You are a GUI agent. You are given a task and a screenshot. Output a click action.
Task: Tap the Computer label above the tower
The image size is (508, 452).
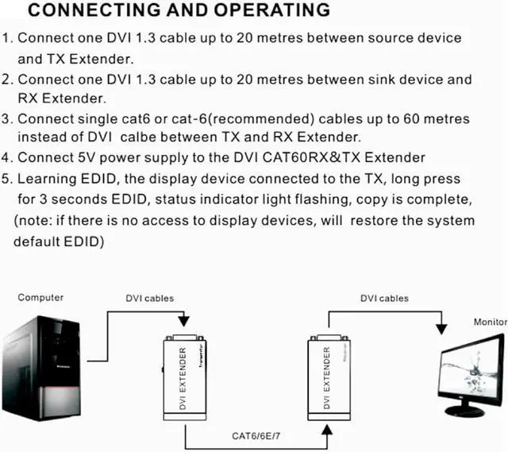click(x=40, y=298)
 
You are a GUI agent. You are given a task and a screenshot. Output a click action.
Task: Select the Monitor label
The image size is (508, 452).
click(x=490, y=323)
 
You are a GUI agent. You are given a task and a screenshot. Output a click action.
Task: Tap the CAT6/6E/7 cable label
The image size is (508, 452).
click(x=256, y=435)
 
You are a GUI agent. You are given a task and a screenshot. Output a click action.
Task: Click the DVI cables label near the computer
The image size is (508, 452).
click(x=150, y=299)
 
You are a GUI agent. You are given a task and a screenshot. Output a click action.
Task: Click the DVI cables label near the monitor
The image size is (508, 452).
click(x=384, y=299)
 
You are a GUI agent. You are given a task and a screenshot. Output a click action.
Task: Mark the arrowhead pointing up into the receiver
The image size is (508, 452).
click(x=326, y=429)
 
